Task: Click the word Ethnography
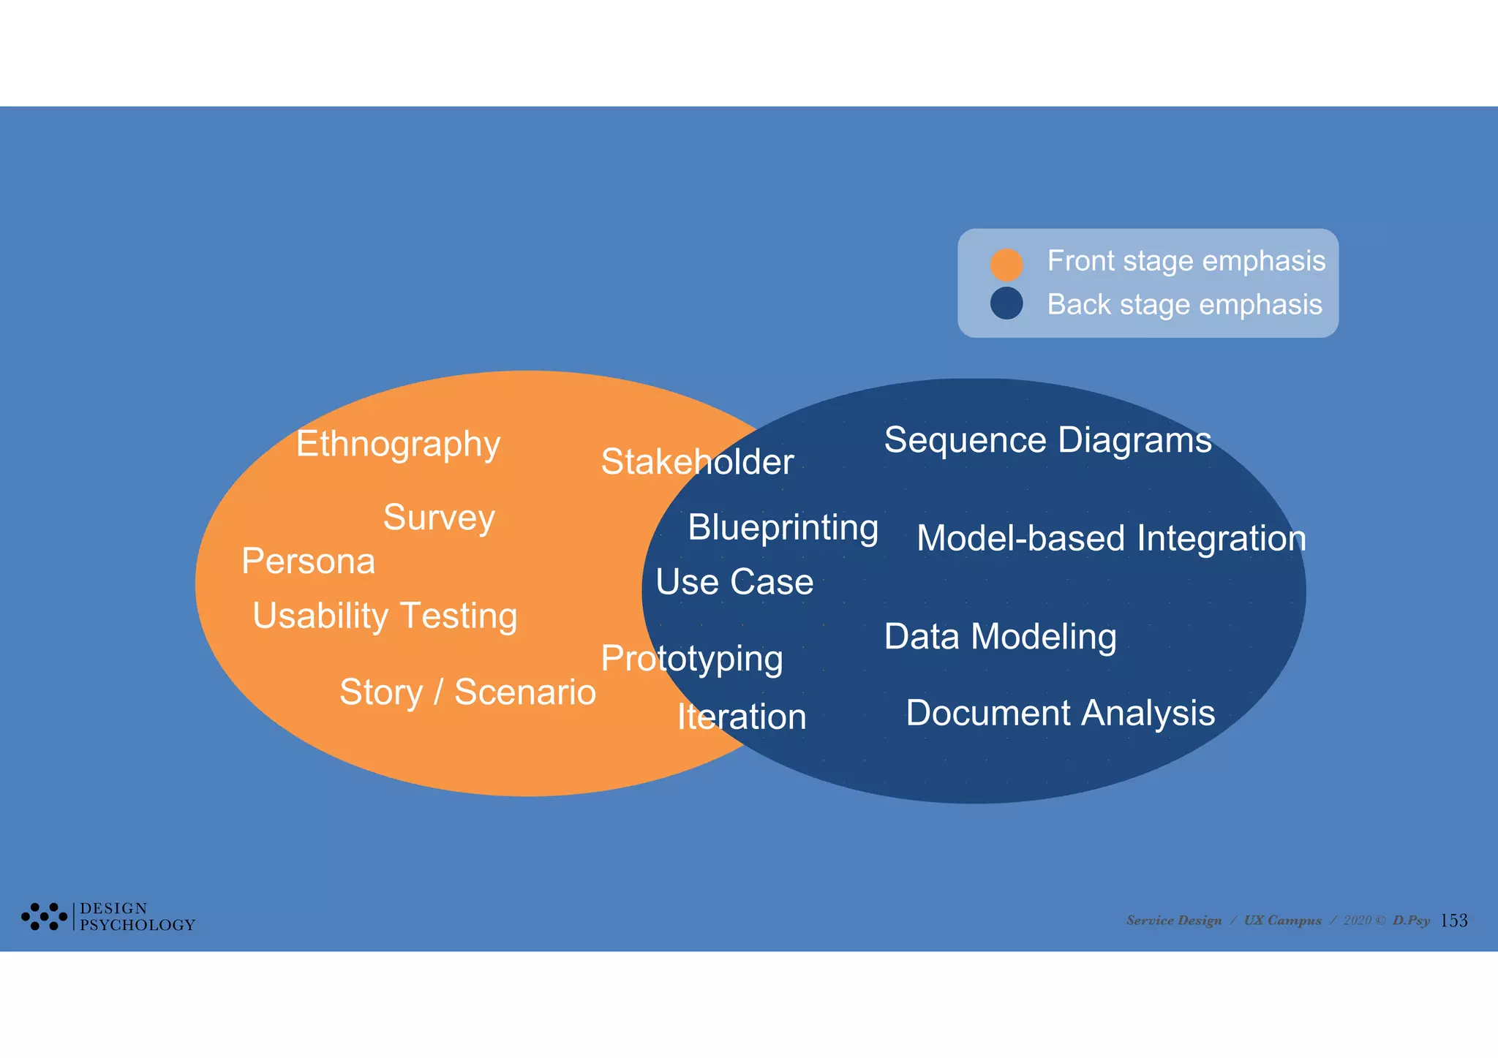tap(398, 445)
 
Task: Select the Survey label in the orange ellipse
tap(439, 518)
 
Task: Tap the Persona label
tap(308, 562)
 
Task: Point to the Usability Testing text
tap(385, 616)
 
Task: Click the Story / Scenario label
tap(467, 692)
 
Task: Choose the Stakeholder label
tap(697, 462)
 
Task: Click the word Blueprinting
tap(783, 528)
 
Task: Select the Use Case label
tap(734, 582)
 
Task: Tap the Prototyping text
tap(692, 659)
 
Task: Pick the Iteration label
tap(741, 717)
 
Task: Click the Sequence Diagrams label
tap(1047, 440)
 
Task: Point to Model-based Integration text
tap(1111, 539)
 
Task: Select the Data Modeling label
tap(1000, 637)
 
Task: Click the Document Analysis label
tap(1060, 713)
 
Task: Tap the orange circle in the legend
tap(1006, 264)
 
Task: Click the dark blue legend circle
tap(1006, 303)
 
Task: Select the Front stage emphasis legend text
tap(1186, 261)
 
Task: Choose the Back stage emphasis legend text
tap(1184, 304)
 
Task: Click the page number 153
tap(1453, 921)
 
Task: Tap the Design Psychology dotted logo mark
tap(44, 916)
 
